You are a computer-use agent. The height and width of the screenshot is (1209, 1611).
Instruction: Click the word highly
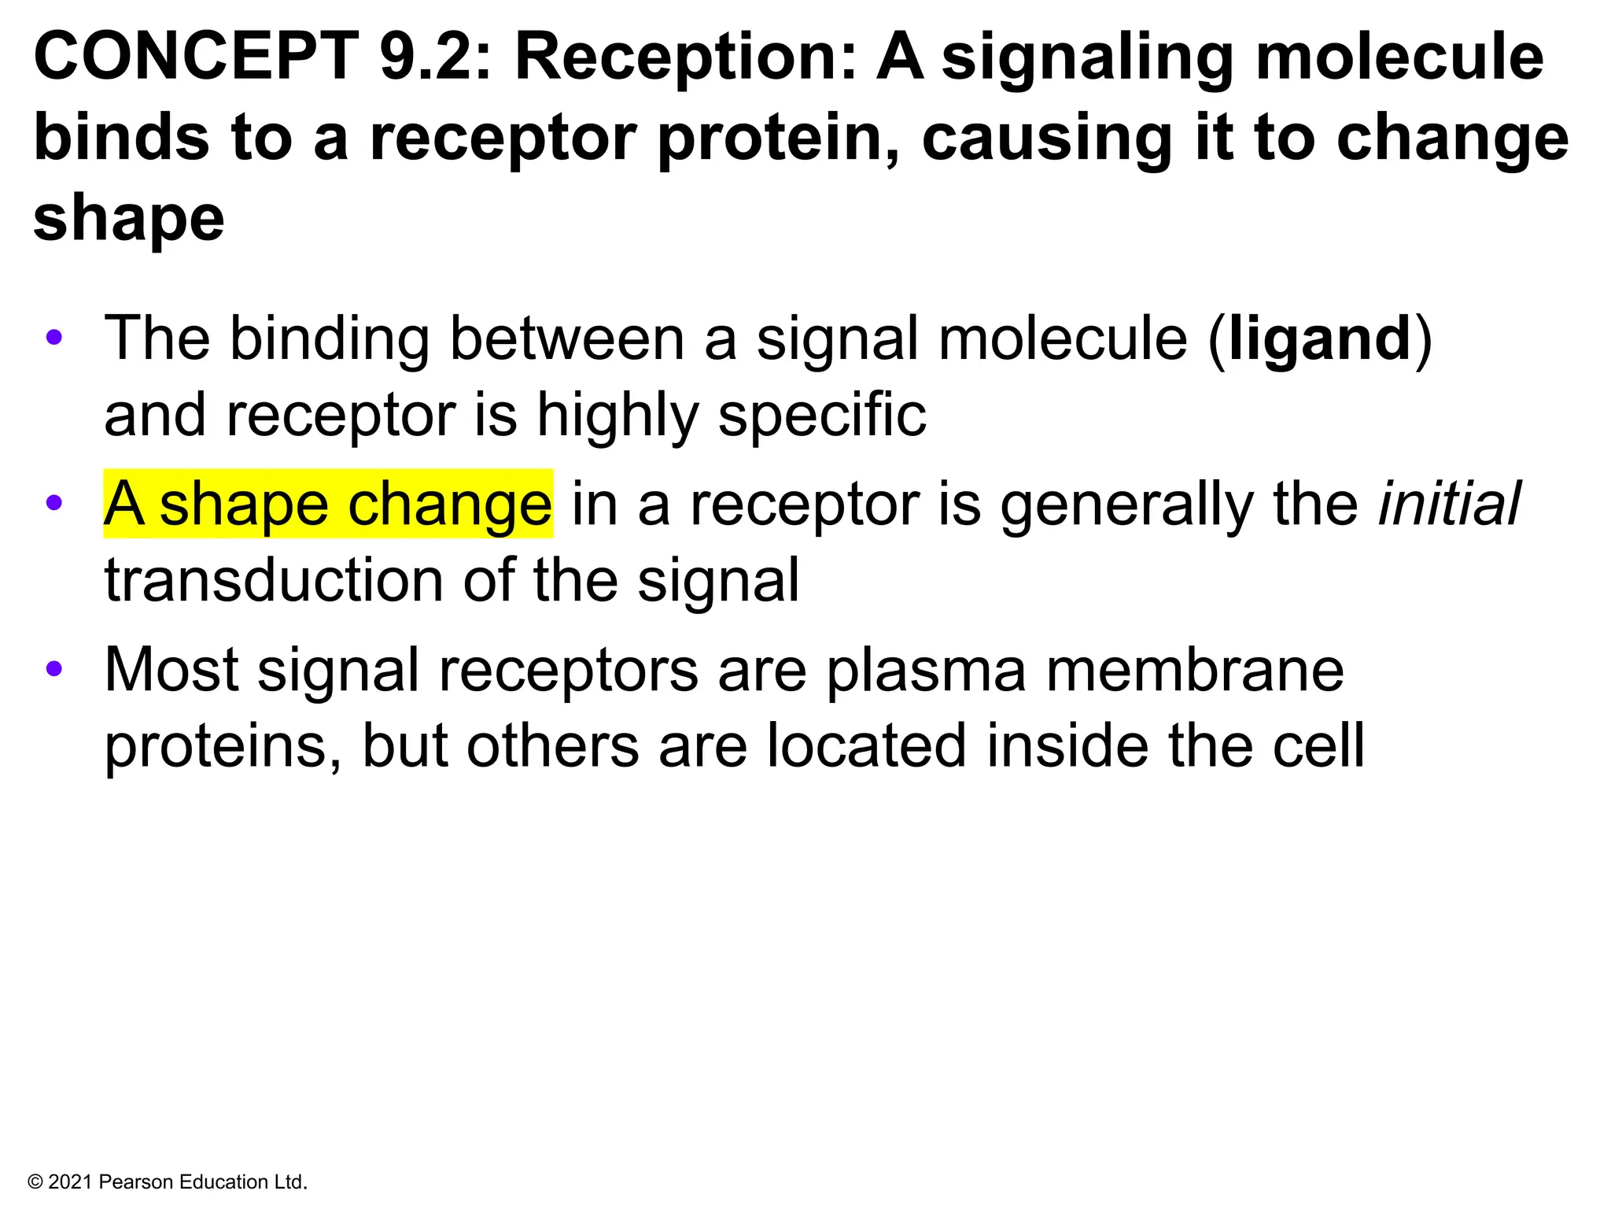click(x=617, y=416)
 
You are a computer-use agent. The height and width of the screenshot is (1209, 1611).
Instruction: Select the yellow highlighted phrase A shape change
click(x=328, y=504)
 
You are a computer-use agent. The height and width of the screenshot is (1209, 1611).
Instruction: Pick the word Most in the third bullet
click(x=171, y=670)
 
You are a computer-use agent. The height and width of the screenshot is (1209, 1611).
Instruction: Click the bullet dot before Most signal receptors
click(x=53, y=669)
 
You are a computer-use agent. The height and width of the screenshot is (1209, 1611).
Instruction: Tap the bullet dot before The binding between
click(x=53, y=338)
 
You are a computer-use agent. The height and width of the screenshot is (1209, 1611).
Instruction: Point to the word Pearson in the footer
click(x=136, y=1182)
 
